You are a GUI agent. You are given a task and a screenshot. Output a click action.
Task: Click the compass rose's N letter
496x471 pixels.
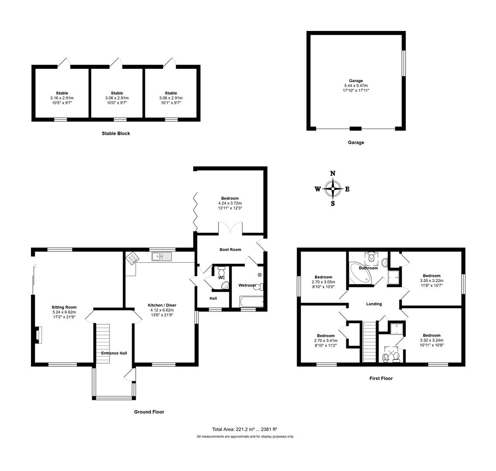tap(333, 173)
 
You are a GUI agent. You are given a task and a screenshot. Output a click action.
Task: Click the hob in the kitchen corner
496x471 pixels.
tap(132, 259)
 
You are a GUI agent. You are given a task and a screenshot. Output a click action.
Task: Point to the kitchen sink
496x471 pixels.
tap(162, 257)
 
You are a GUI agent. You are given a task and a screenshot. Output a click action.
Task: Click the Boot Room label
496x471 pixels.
tap(230, 249)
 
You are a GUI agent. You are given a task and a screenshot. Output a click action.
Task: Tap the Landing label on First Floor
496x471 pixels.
tap(374, 304)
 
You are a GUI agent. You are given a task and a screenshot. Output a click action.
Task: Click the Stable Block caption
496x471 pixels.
tap(116, 133)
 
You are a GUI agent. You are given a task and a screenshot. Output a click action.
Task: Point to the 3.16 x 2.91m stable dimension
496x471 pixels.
tap(62, 98)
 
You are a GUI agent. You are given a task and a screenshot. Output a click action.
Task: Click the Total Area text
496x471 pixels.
tap(245, 429)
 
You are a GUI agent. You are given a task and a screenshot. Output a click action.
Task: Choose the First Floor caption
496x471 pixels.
tap(381, 379)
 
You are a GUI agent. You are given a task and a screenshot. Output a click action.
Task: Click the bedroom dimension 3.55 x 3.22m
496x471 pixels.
tap(431, 280)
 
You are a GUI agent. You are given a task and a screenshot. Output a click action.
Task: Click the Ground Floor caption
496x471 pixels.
tap(149, 412)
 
